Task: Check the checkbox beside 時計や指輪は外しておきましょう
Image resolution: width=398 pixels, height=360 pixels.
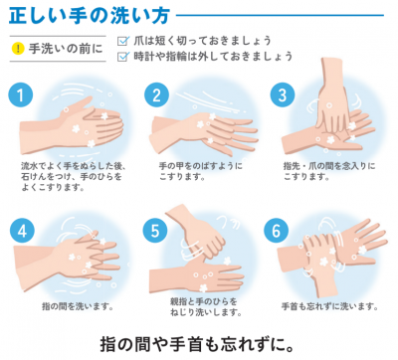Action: click(x=122, y=57)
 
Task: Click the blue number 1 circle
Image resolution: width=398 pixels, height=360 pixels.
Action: click(x=17, y=93)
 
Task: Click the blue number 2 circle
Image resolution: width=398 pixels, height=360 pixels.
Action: click(x=155, y=94)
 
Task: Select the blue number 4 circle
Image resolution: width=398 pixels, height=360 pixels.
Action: click(x=17, y=228)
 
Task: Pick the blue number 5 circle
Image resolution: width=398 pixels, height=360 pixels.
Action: click(x=152, y=229)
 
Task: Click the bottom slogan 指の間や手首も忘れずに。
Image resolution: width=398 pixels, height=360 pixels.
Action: click(x=198, y=343)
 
